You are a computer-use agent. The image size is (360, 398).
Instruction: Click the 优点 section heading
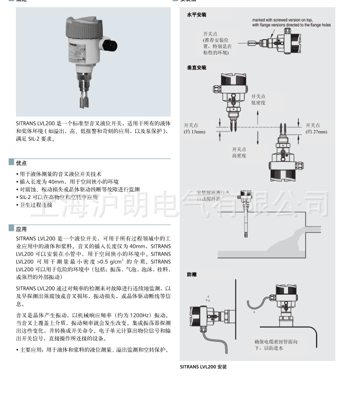(21, 162)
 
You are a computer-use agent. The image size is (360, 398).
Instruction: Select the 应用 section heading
(21, 229)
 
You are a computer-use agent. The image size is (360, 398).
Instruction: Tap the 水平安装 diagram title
(196, 15)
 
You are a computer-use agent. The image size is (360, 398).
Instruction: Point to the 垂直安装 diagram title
(196, 67)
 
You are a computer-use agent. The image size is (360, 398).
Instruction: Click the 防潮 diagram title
(191, 275)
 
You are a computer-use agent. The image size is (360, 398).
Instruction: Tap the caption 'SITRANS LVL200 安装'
(203, 367)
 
